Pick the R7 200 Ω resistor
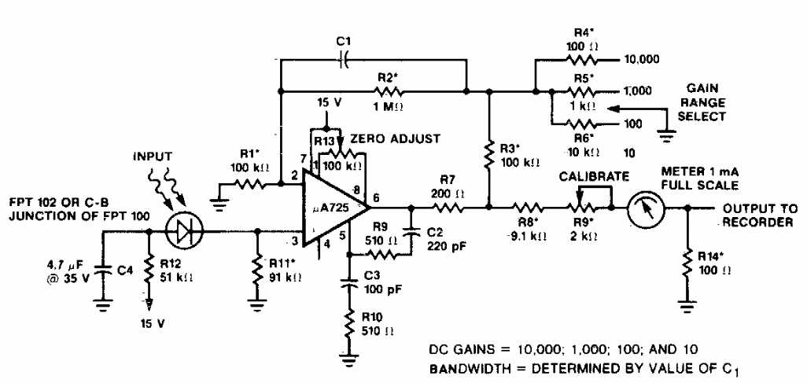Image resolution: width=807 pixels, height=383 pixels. tap(448, 208)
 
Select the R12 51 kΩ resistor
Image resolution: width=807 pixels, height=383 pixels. tap(147, 271)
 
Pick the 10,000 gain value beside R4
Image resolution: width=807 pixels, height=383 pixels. tap(640, 59)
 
